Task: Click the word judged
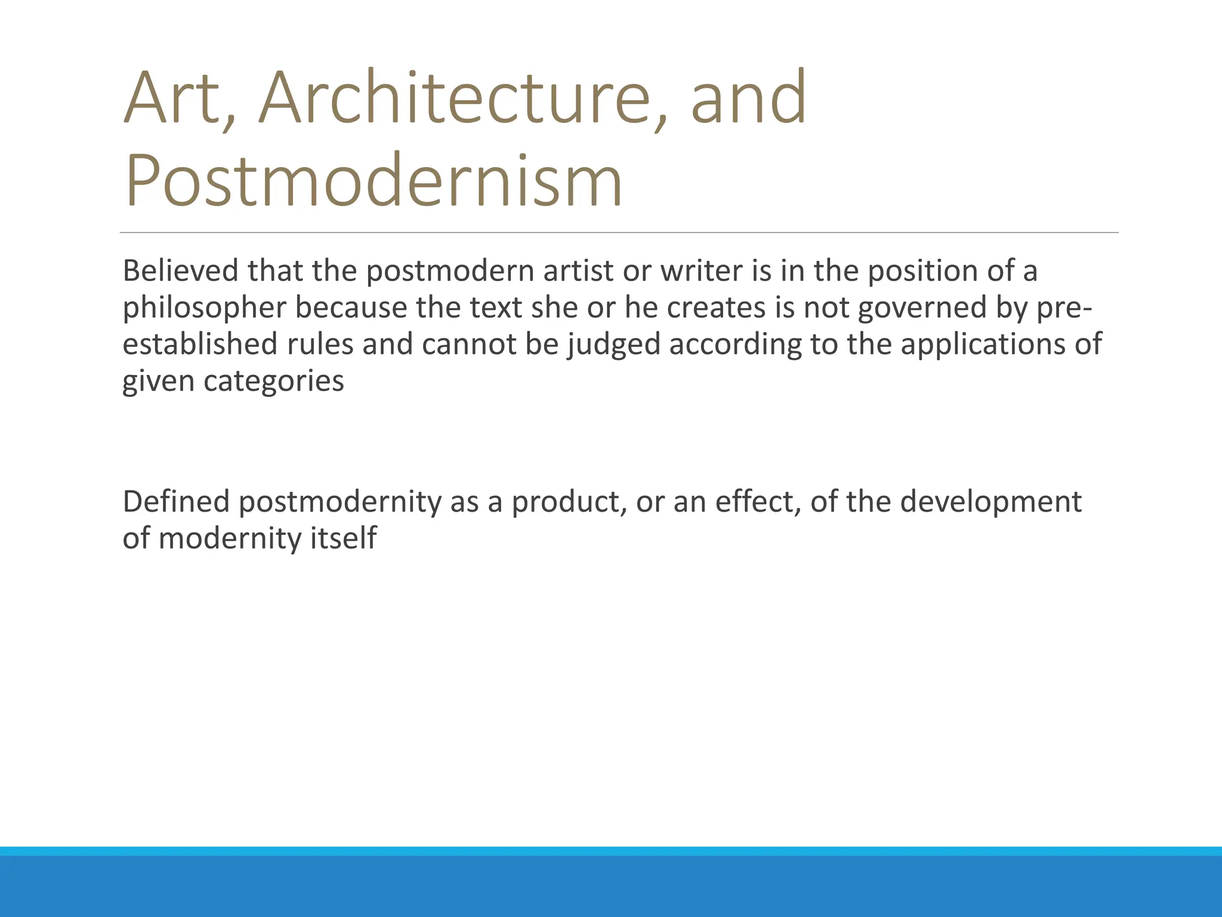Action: (x=614, y=345)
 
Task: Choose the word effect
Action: (x=758, y=501)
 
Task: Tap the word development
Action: (x=990, y=501)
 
